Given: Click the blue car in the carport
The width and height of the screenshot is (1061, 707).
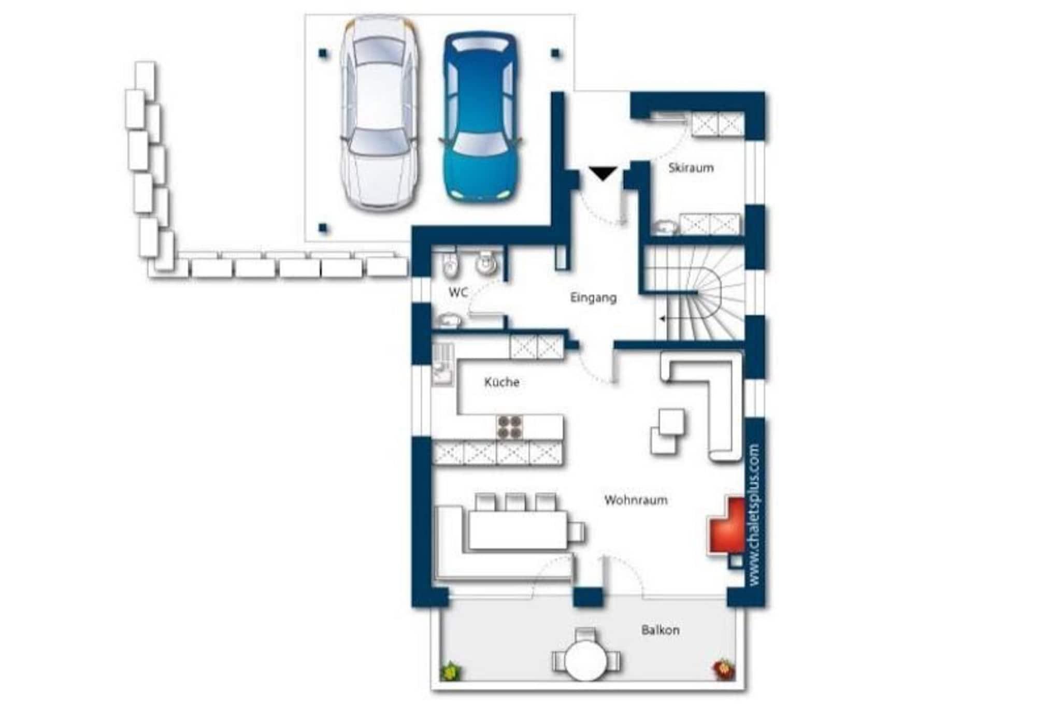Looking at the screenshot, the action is [x=481, y=118].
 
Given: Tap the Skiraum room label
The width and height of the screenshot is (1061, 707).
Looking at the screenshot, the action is [x=691, y=168].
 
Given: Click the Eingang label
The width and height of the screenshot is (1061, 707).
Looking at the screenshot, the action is [x=593, y=298].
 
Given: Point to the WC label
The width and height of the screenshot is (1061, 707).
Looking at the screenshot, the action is [x=458, y=293].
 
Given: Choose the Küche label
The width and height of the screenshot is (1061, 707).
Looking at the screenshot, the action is [x=501, y=382].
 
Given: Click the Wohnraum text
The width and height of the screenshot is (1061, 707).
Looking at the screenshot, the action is [x=636, y=500].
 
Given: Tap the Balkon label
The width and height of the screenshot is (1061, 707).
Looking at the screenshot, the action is [x=660, y=630].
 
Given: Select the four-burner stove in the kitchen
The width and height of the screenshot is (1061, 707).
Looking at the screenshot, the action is [x=509, y=427].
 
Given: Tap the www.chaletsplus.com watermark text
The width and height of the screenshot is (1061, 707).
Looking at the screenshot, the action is [x=754, y=515].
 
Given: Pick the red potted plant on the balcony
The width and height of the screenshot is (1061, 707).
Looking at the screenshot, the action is [x=723, y=669].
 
